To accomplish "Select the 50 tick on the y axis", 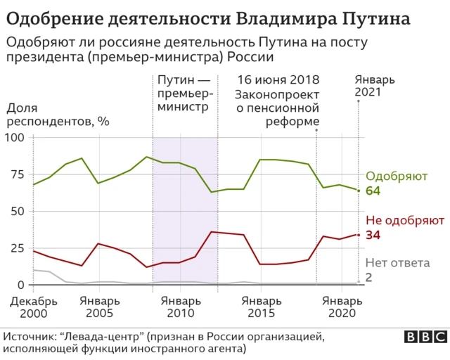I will [17, 211].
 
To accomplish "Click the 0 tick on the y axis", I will [20, 285].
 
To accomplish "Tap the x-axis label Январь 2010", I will [181, 307].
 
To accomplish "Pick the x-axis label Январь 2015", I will [262, 307].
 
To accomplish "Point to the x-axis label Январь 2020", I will [342, 307].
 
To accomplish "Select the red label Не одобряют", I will [405, 221].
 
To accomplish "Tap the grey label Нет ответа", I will [398, 264].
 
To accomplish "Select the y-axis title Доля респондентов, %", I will [58, 115].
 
